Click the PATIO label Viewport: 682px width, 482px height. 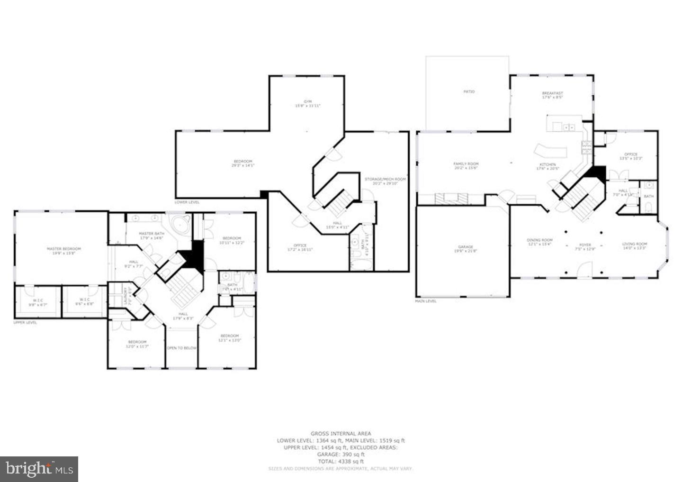[468, 91]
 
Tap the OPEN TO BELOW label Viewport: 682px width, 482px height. [181, 348]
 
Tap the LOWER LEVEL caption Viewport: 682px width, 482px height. [187, 202]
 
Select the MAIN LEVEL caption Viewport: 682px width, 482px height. [426, 301]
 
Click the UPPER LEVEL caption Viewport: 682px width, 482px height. [25, 322]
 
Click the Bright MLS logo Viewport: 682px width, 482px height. [39, 469]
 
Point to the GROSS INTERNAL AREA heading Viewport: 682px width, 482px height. [341, 433]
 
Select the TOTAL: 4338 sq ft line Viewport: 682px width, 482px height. [341, 461]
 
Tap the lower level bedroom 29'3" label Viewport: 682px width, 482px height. [242, 163]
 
